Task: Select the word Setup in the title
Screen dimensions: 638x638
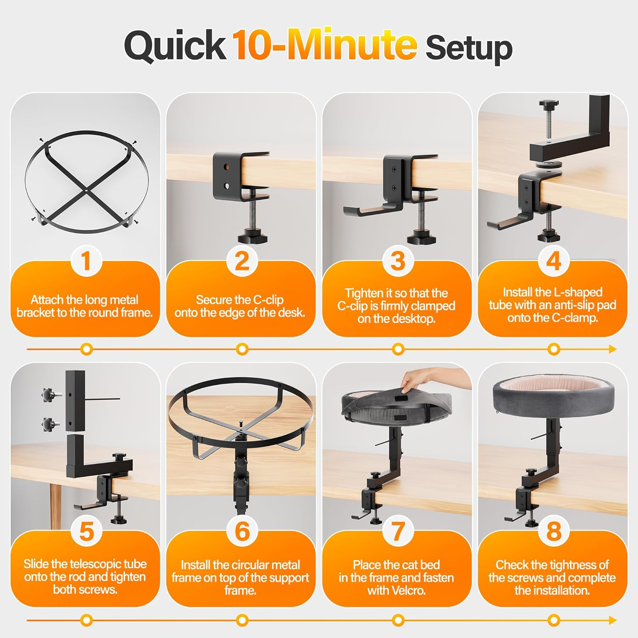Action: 469,48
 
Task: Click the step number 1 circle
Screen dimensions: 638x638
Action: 86,261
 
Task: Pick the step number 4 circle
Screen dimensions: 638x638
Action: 553,261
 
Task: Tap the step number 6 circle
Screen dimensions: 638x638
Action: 242,531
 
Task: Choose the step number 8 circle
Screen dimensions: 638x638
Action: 553,531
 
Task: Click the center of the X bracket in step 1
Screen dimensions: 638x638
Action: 86,191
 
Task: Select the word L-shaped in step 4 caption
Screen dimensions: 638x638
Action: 578,292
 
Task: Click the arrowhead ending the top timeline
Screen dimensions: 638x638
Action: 612,349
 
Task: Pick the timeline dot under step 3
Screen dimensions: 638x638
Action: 398,349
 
